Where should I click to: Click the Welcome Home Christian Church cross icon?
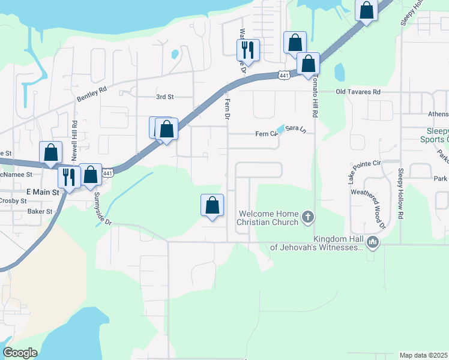coord(308,217)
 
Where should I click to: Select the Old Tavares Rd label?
coord(358,92)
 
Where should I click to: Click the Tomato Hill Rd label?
coord(314,98)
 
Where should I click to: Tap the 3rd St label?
coord(164,97)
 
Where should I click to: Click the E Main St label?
coord(44,192)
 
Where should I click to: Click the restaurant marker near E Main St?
coord(69,176)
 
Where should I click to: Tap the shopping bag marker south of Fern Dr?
coord(212,205)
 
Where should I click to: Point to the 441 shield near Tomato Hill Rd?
coord(285,74)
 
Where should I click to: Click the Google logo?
coord(20,353)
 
